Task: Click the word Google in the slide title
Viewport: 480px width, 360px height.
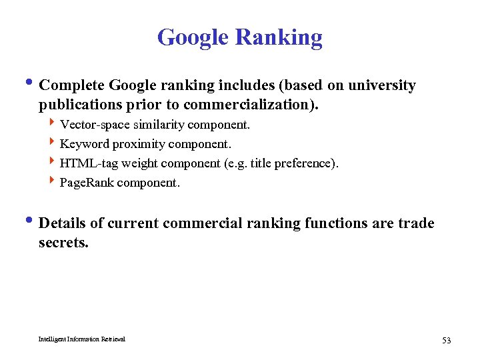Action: click(x=193, y=37)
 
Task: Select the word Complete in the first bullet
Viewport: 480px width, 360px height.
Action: click(x=71, y=85)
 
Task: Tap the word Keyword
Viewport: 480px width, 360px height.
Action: click(x=84, y=144)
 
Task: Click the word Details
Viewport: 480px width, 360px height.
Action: click(x=63, y=223)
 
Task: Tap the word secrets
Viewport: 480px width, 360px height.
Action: click(x=63, y=242)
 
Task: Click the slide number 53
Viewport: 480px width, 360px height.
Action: click(x=446, y=341)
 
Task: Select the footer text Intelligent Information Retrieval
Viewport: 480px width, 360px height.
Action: click(x=81, y=339)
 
